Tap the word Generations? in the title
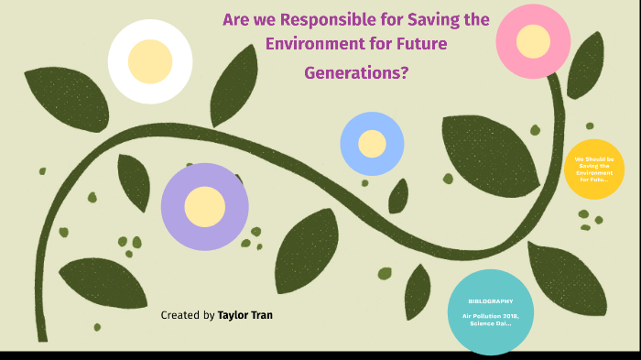coord(356,73)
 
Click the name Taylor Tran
coord(244,315)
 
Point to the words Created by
coord(188,315)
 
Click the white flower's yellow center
coord(150,61)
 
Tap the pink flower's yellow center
coord(533,41)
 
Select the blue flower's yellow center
coord(372,144)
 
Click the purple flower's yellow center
coord(205,206)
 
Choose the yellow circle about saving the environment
coord(594,169)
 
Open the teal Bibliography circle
coord(490,311)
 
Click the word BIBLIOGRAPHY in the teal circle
coord(490,301)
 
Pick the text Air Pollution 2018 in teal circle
coord(490,316)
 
